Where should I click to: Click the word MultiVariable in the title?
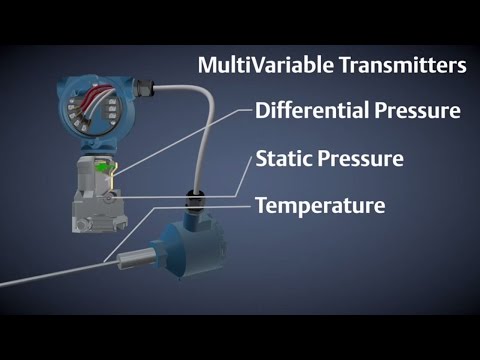click(x=249, y=66)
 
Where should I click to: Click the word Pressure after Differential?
click(x=411, y=110)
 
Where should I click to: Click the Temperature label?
click(x=320, y=207)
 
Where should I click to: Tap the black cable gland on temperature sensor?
click(x=197, y=195)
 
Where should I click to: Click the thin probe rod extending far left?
click(x=50, y=279)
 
